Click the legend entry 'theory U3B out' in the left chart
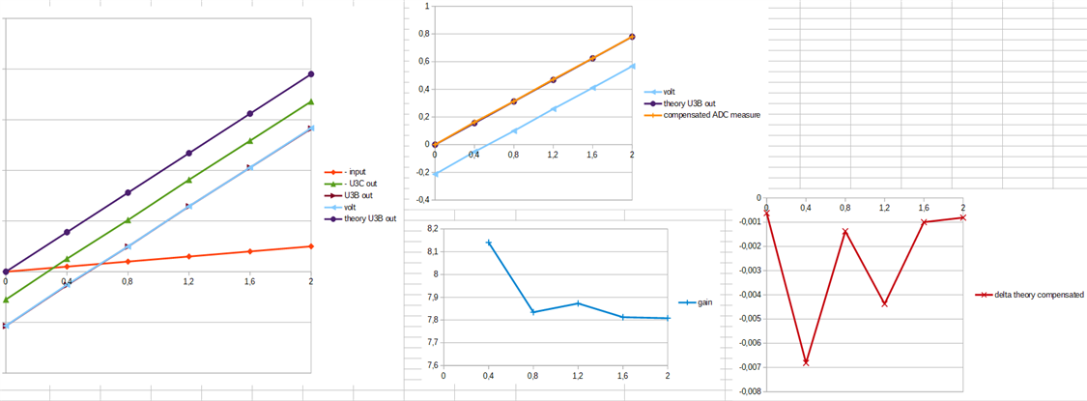click(370, 218)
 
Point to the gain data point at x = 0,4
click(489, 243)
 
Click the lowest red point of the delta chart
click(806, 362)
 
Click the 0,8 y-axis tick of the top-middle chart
click(421, 34)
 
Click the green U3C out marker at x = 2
click(311, 101)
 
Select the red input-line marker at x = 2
click(311, 246)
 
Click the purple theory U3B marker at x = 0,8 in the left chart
click(128, 192)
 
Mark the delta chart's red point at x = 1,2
click(884, 304)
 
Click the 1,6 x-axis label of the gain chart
click(623, 376)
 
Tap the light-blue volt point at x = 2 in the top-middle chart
click(632, 66)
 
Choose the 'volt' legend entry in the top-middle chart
click(670, 92)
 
